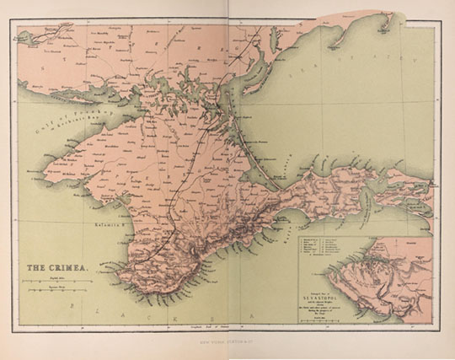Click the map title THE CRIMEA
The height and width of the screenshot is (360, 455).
[x=49, y=269]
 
